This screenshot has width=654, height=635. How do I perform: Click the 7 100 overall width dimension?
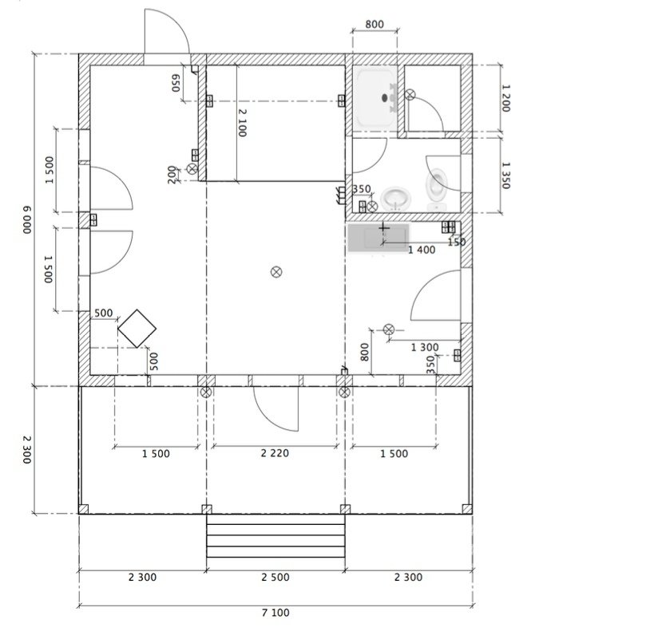click(x=275, y=613)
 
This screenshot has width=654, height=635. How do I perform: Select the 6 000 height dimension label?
click(x=26, y=219)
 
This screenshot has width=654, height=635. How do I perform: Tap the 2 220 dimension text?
click(x=275, y=453)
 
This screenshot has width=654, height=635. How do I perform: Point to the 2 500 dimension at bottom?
click(x=275, y=577)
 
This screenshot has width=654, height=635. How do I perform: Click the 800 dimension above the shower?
click(x=375, y=24)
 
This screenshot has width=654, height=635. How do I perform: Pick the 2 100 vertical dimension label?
click(x=242, y=123)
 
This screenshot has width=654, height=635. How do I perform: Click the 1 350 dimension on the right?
click(x=505, y=176)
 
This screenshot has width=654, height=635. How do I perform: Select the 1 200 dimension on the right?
click(x=505, y=98)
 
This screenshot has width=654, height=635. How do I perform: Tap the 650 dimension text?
click(x=176, y=83)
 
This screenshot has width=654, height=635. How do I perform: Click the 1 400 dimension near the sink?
click(x=422, y=250)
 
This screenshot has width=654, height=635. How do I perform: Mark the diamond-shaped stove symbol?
click(x=137, y=329)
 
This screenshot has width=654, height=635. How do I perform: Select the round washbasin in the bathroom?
click(x=396, y=199)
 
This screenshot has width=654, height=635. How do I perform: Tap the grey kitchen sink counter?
click(x=379, y=238)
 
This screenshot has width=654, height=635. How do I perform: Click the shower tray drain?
click(x=385, y=98)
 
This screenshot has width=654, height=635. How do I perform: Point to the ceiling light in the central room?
click(x=276, y=272)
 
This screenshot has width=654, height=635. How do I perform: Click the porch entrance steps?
click(x=275, y=536)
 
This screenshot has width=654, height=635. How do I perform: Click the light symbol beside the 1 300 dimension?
click(x=389, y=329)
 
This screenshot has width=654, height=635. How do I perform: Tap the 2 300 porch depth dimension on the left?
click(x=26, y=450)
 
